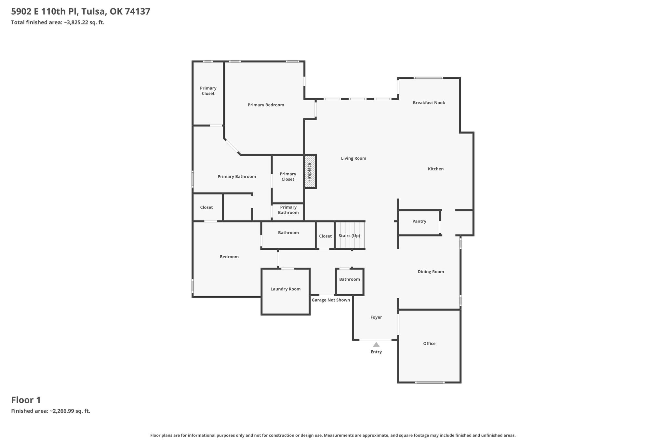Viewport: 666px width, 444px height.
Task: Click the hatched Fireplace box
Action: click(310, 172)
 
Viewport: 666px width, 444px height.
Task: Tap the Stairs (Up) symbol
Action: click(350, 235)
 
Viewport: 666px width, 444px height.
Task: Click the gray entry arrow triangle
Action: click(376, 344)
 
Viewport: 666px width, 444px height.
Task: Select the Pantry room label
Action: click(419, 221)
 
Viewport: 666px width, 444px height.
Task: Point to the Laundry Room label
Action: click(286, 289)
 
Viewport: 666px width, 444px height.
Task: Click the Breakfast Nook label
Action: click(429, 103)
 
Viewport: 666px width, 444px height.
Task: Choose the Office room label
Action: click(429, 343)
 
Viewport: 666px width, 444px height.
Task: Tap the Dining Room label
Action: click(431, 272)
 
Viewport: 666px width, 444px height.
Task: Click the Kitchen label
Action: click(436, 169)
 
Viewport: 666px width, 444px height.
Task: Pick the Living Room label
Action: click(353, 158)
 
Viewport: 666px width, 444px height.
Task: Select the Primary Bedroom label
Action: click(266, 105)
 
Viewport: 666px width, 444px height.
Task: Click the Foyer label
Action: click(376, 317)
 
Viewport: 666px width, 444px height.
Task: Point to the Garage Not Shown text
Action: click(331, 300)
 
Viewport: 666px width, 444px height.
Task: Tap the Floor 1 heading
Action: click(26, 400)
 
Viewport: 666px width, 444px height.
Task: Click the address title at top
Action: click(81, 12)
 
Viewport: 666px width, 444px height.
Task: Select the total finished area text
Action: click(58, 22)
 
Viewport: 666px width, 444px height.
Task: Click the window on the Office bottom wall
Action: click(430, 383)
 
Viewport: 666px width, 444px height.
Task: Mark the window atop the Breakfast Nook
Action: click(428, 78)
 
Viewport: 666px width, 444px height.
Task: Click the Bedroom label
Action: click(229, 257)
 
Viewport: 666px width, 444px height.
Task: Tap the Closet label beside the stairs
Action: click(326, 236)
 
